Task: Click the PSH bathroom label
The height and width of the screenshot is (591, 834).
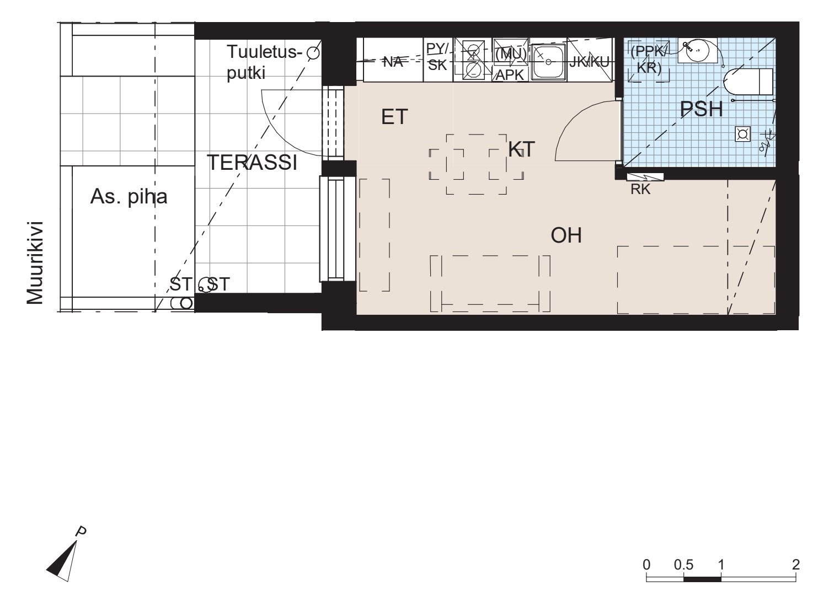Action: click(702, 109)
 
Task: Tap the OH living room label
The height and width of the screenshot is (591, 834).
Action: click(566, 235)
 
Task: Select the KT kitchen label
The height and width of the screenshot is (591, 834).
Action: click(521, 149)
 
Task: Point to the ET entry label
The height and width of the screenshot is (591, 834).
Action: click(394, 117)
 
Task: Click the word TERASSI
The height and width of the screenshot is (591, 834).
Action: click(252, 163)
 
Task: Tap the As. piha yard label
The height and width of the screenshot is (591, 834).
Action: click(129, 196)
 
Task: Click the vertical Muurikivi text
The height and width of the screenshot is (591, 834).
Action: click(35, 263)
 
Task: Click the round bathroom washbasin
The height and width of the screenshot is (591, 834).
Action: click(697, 51)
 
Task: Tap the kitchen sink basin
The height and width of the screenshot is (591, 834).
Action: click(548, 62)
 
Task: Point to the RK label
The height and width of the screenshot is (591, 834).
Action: click(640, 190)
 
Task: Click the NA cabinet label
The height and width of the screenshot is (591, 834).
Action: click(393, 62)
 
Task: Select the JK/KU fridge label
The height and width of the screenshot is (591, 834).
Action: click(589, 62)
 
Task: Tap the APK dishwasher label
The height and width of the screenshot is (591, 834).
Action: click(510, 75)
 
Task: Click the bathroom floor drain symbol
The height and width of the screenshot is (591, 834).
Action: click(742, 134)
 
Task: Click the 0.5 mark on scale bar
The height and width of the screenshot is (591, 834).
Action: click(683, 565)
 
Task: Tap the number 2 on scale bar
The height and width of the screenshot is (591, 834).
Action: click(795, 565)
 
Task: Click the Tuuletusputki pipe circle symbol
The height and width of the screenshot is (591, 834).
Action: click(313, 53)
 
